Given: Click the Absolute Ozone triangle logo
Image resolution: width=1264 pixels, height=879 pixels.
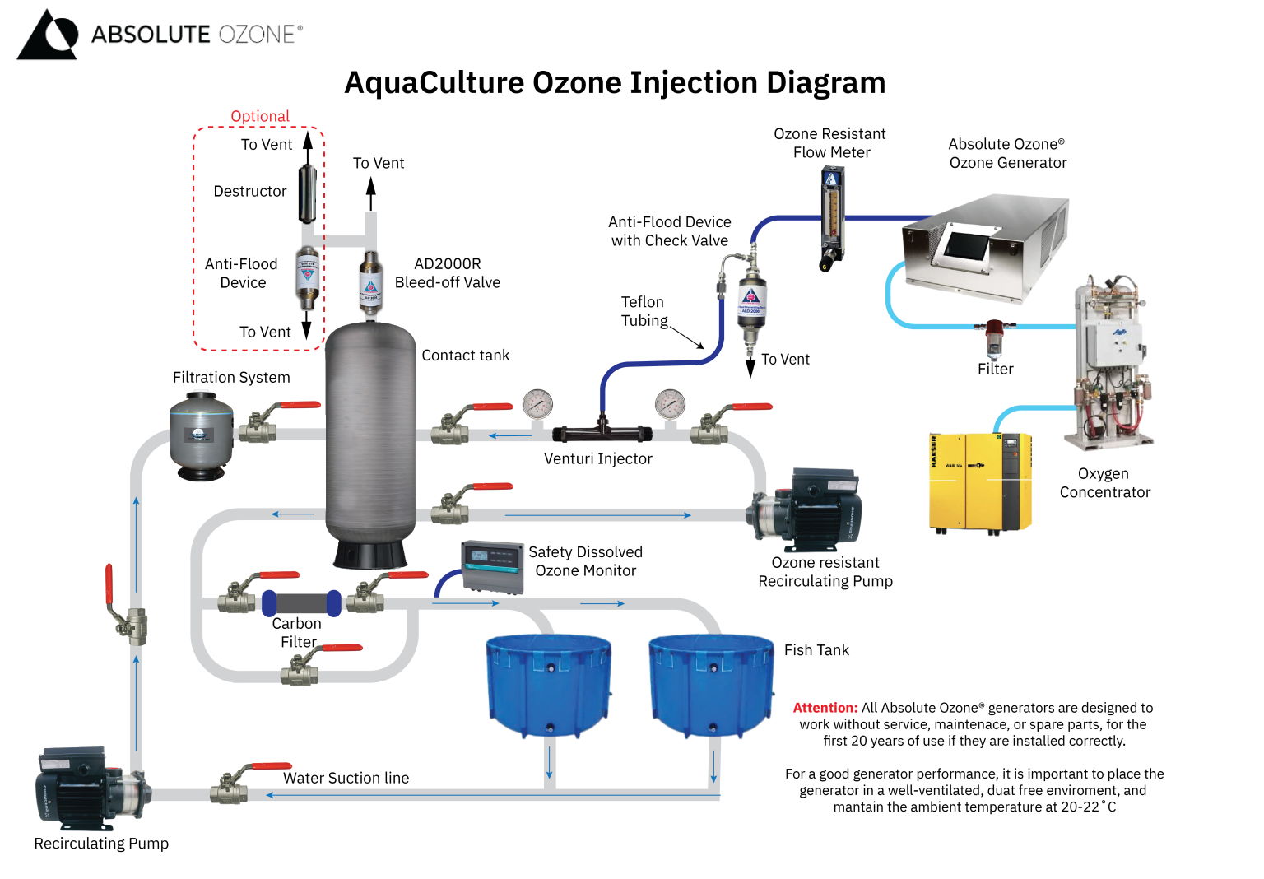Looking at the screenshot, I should coord(47,35).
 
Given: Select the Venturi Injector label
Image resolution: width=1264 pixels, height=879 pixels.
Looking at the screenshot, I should coord(597,459).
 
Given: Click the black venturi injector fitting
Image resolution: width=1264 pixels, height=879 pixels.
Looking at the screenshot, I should coord(602,432).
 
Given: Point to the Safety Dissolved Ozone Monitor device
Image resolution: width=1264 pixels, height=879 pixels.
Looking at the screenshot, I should coord(492,567).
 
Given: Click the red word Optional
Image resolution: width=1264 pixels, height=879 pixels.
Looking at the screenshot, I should coord(260,116).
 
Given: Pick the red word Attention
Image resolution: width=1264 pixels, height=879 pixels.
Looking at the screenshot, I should coord(825,708).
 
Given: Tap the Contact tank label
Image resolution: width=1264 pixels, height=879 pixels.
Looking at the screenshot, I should coord(465,356).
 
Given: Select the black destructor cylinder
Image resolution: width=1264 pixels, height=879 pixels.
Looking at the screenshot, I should coord(307,194).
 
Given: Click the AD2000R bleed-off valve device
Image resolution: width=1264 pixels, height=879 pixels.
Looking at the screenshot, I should coord(371,282).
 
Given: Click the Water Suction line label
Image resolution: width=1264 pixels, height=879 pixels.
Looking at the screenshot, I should coord(346,779).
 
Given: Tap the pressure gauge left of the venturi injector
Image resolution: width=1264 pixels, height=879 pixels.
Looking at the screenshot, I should coord(537,404).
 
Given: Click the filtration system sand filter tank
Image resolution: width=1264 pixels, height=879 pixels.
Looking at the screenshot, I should coord(201,436).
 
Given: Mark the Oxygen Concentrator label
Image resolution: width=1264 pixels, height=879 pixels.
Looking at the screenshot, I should coord(1104,483).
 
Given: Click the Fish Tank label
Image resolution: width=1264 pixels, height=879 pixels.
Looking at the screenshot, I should coord(816,650).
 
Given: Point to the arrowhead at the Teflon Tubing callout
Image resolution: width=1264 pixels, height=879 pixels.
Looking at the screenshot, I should coord(701,346).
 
